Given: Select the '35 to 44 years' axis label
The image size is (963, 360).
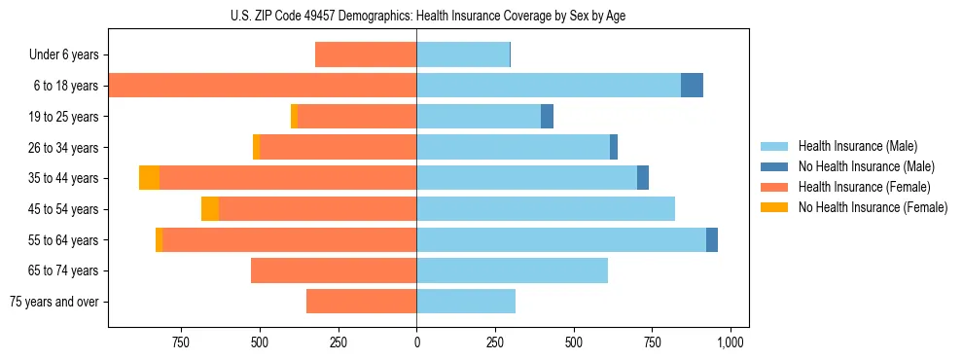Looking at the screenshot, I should coord(64,178).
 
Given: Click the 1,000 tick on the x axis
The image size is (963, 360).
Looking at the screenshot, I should coord(731,342).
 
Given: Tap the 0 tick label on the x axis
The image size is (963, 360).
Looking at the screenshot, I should coord(416,342).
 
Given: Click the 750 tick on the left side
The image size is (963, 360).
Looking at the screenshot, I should coord(180,342).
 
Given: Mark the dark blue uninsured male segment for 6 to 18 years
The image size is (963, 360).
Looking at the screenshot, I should coord(692,86).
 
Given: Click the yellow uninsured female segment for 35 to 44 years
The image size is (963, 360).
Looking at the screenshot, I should coord(149,178).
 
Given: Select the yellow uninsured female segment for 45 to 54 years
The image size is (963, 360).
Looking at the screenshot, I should coord(210,209).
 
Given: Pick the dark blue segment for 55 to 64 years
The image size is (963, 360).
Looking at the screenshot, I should coord(712,239).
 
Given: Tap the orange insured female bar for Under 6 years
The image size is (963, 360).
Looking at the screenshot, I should coord(366,55).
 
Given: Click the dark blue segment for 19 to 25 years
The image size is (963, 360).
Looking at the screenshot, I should coord(547,117).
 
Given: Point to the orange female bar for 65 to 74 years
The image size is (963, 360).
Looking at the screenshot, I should coord(334,270).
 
